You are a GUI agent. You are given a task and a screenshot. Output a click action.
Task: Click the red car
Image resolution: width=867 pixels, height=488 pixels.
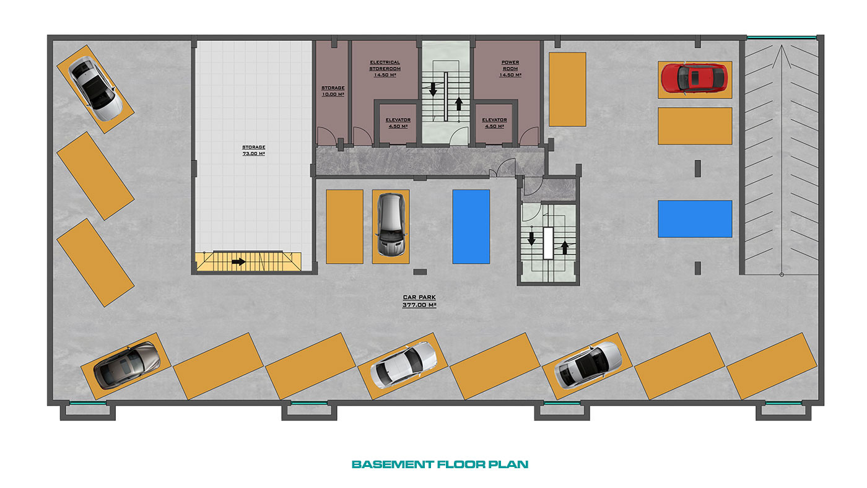click(694, 79)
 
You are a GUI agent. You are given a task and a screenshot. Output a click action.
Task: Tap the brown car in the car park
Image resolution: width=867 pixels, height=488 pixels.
click(126, 365)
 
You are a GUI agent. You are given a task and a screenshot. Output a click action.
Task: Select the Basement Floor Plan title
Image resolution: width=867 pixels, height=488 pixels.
click(440, 464)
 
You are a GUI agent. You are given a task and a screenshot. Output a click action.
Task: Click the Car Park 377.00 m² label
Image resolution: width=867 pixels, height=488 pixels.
click(419, 301)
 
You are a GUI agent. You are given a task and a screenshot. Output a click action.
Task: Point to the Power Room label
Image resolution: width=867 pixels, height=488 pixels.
click(510, 69)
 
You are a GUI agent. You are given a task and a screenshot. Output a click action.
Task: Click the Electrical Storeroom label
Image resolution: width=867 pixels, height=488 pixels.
click(385, 69)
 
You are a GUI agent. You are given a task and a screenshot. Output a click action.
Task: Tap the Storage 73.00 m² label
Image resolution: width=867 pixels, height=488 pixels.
click(253, 150)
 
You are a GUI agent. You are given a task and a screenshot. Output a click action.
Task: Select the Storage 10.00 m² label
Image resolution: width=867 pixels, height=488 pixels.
click(333, 91)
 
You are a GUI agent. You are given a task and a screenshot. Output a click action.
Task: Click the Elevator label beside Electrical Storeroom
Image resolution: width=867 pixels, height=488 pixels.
click(398, 123)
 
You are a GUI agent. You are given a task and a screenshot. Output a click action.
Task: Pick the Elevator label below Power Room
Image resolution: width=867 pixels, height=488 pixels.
click(494, 123)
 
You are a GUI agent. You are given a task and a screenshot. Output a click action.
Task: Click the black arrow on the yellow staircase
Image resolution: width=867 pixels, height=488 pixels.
click(238, 262)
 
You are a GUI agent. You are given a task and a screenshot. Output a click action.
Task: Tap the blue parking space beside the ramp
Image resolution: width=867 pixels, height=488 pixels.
click(695, 219)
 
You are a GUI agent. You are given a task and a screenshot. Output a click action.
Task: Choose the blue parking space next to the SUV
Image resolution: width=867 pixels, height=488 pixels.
click(471, 227)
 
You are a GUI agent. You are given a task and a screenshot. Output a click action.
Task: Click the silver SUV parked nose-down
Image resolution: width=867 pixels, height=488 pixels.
click(391, 224)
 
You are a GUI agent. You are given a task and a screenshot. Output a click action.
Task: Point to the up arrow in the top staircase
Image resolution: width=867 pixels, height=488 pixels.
click(459, 103)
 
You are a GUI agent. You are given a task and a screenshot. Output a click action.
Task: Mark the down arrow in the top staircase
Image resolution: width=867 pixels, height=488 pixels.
click(433, 89)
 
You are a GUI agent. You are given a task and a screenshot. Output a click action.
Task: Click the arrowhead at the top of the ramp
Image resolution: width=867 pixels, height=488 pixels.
click(782, 46)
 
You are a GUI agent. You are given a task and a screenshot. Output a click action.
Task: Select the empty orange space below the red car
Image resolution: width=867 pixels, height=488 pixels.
click(695, 126)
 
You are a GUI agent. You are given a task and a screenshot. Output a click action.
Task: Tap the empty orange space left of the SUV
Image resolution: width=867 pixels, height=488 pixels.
click(344, 227)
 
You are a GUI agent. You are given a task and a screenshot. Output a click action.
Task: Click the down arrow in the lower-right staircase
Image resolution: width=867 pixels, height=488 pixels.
click(531, 239)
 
